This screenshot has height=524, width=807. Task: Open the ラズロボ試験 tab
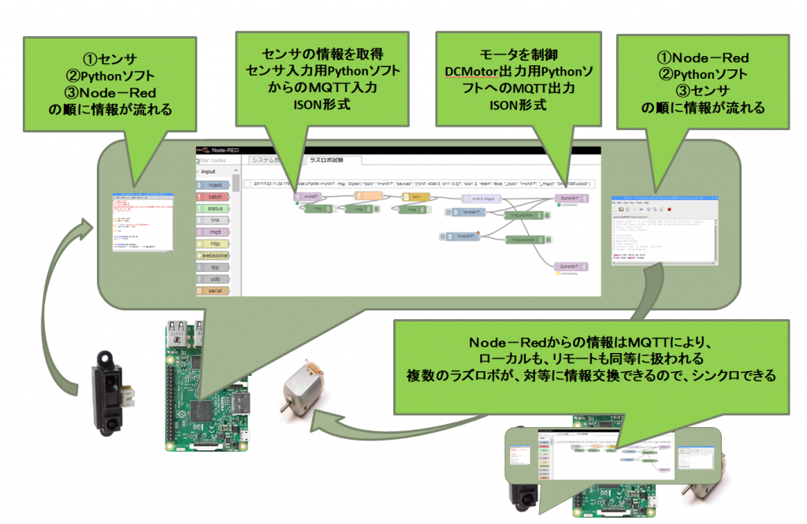coord(325,160)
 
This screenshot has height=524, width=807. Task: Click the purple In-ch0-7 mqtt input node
coord(306,197)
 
